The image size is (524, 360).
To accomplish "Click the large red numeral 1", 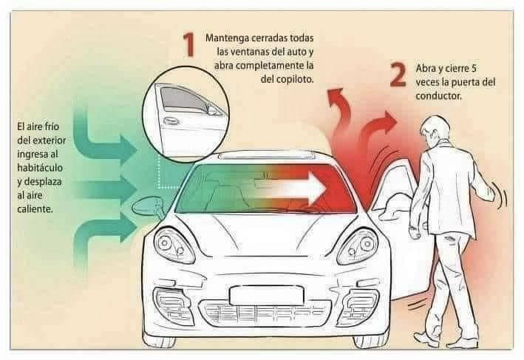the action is click(x=189, y=45).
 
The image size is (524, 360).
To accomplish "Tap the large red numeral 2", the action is click(x=398, y=75).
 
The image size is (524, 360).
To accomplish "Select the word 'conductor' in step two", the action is click(x=438, y=96).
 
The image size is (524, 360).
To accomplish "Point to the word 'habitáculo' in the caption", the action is click(x=40, y=168).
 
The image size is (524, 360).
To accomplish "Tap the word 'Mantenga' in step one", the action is click(x=227, y=38).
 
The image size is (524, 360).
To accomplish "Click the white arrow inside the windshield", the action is click(x=294, y=189).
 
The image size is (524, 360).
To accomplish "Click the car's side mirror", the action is click(x=148, y=207).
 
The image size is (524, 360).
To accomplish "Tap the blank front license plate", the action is click(x=266, y=295).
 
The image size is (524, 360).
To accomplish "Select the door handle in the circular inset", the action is click(x=170, y=120).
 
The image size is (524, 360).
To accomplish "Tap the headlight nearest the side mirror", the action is click(x=174, y=245).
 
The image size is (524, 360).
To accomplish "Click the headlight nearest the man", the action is click(x=357, y=247).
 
